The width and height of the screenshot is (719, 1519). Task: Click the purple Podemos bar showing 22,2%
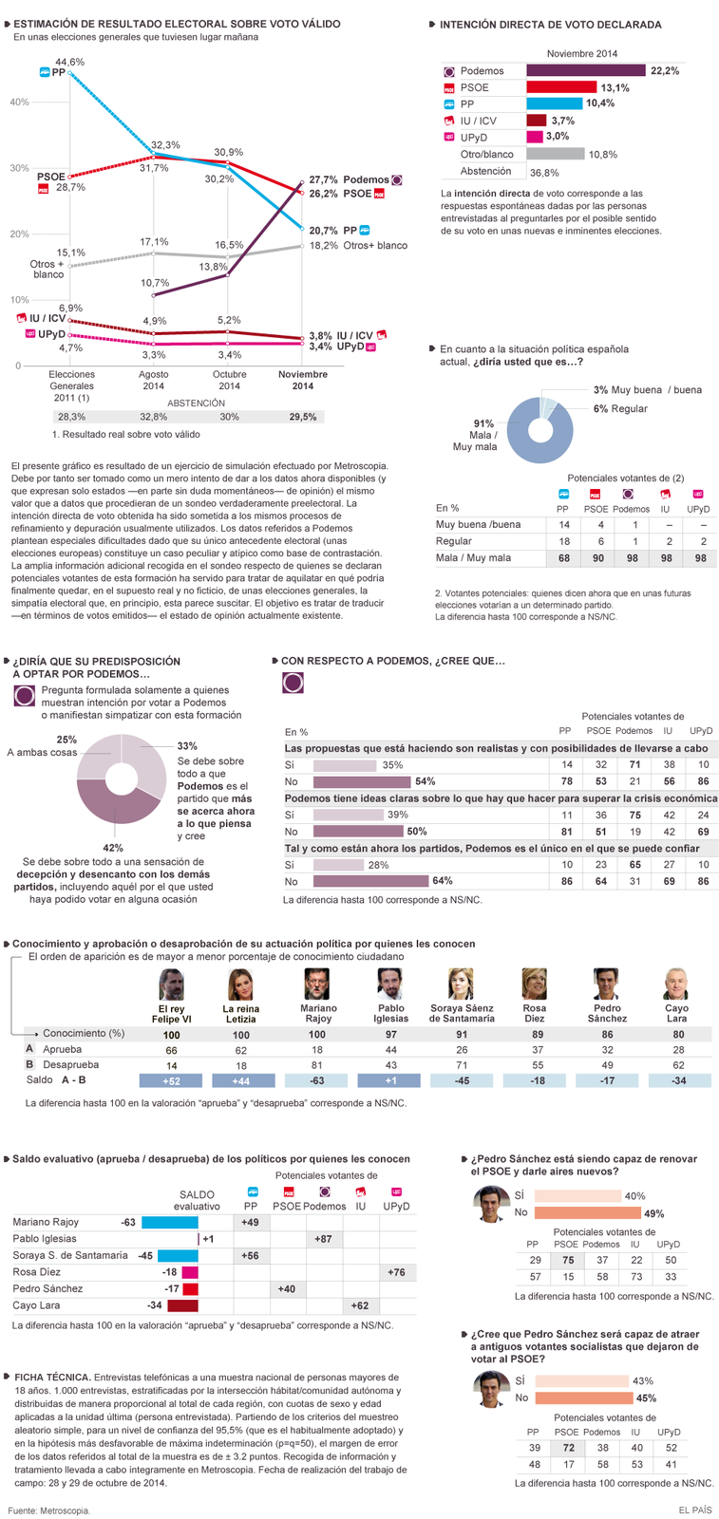point(586,70)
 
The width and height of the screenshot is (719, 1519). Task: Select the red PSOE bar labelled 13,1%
point(561,86)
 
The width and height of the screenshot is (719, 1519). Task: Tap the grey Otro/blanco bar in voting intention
point(556,154)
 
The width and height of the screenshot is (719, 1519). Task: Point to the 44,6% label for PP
point(70,62)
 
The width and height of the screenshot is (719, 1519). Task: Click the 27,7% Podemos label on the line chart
point(323,179)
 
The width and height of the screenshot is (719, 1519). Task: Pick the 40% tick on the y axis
point(19,103)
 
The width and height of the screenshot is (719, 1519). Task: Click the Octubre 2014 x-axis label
point(229,380)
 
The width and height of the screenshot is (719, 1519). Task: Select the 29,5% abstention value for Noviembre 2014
point(303,417)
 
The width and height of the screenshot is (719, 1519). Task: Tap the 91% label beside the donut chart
point(483,423)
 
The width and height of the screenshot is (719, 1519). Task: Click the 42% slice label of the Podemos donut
point(113,848)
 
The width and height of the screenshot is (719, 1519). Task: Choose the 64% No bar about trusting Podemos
point(371,882)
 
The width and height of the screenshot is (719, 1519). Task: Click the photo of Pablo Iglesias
point(390,984)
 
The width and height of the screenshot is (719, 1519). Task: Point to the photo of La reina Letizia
point(241,985)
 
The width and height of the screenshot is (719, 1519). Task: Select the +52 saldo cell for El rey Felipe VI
point(171,1081)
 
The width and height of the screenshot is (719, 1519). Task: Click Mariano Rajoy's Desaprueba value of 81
point(317,1065)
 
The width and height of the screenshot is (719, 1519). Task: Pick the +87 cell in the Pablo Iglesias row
point(323,1239)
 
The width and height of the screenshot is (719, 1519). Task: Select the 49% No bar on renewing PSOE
point(587,1212)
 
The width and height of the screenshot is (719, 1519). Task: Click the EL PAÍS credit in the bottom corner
point(694,1510)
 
